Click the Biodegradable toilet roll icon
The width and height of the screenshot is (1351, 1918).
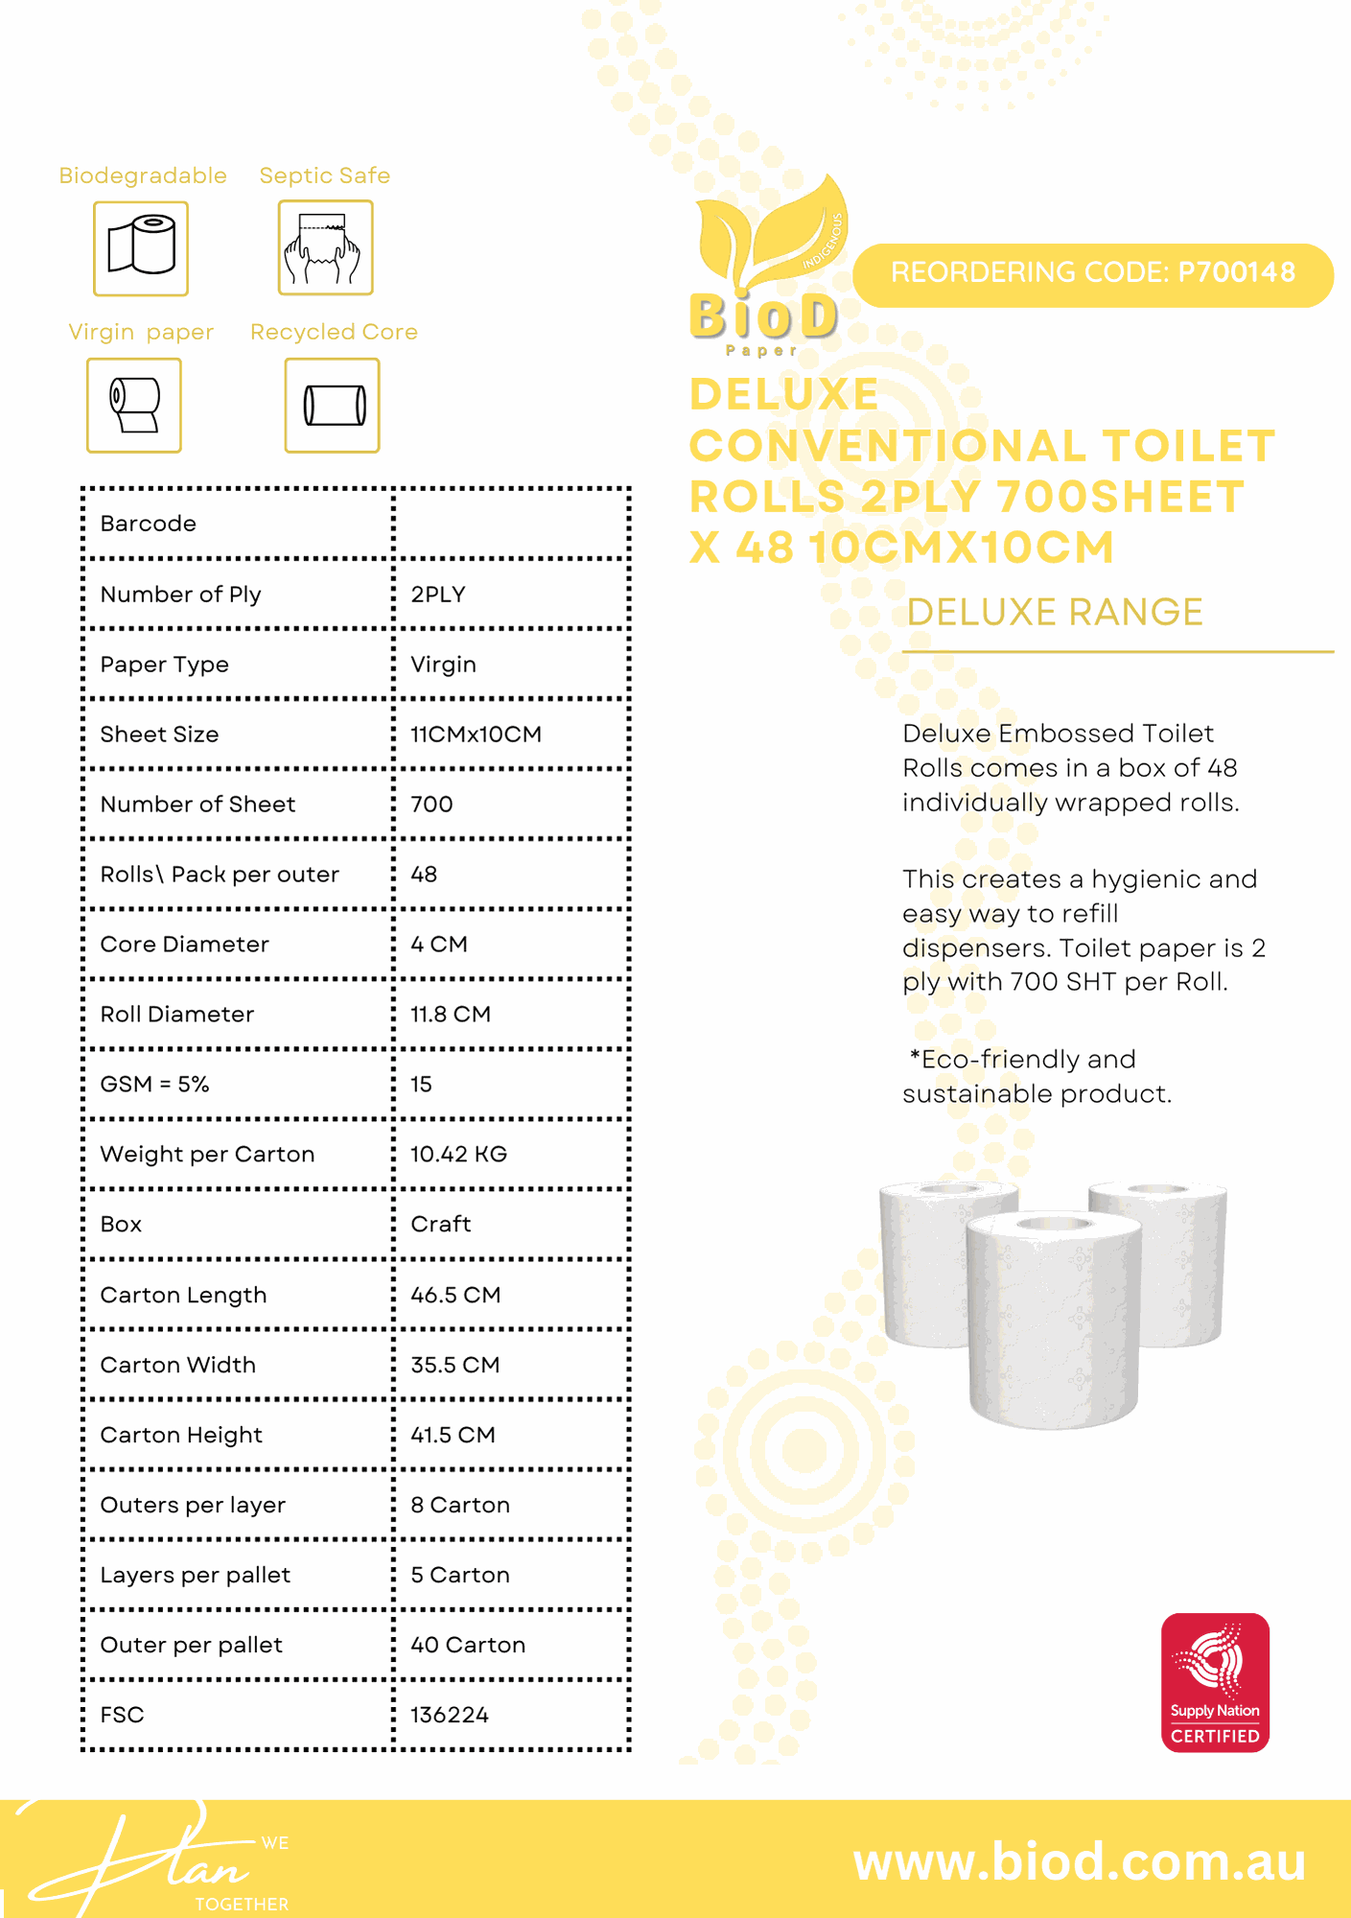coord(141,248)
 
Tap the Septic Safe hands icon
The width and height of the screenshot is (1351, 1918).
coord(325,247)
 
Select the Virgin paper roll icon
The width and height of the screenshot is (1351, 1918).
coord(134,405)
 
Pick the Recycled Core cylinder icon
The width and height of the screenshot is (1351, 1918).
coord(333,405)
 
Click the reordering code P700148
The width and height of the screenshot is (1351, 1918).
coord(1092,273)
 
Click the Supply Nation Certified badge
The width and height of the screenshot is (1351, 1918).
coord(1215,1682)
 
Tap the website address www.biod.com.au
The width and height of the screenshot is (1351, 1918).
coord(1079,1861)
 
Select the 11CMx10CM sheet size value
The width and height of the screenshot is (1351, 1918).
coord(476,735)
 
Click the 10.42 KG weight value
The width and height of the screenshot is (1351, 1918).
coord(458,1155)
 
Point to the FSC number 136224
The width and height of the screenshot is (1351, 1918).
coord(449,1715)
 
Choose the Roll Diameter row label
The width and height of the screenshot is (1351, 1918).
coord(177,1015)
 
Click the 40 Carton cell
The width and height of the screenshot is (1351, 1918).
coord(468,1645)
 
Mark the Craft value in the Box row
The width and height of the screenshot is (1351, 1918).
coord(440,1225)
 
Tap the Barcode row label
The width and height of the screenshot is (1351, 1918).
coord(149,524)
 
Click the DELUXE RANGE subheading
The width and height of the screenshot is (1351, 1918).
coord(1055,612)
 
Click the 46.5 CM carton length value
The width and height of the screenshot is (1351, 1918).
coord(455,1295)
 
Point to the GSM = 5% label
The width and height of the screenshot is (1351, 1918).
coord(155,1085)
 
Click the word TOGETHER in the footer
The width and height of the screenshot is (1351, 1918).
coord(242,1904)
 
